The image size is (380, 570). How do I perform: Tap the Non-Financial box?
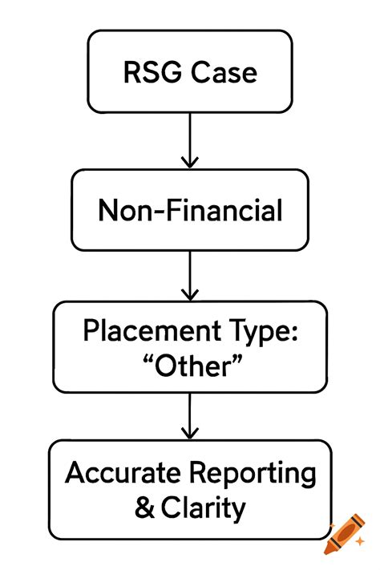pos(190,210)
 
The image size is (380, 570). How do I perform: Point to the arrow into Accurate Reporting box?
pos(189,414)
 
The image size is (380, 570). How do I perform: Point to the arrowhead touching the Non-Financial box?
pos(189,163)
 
